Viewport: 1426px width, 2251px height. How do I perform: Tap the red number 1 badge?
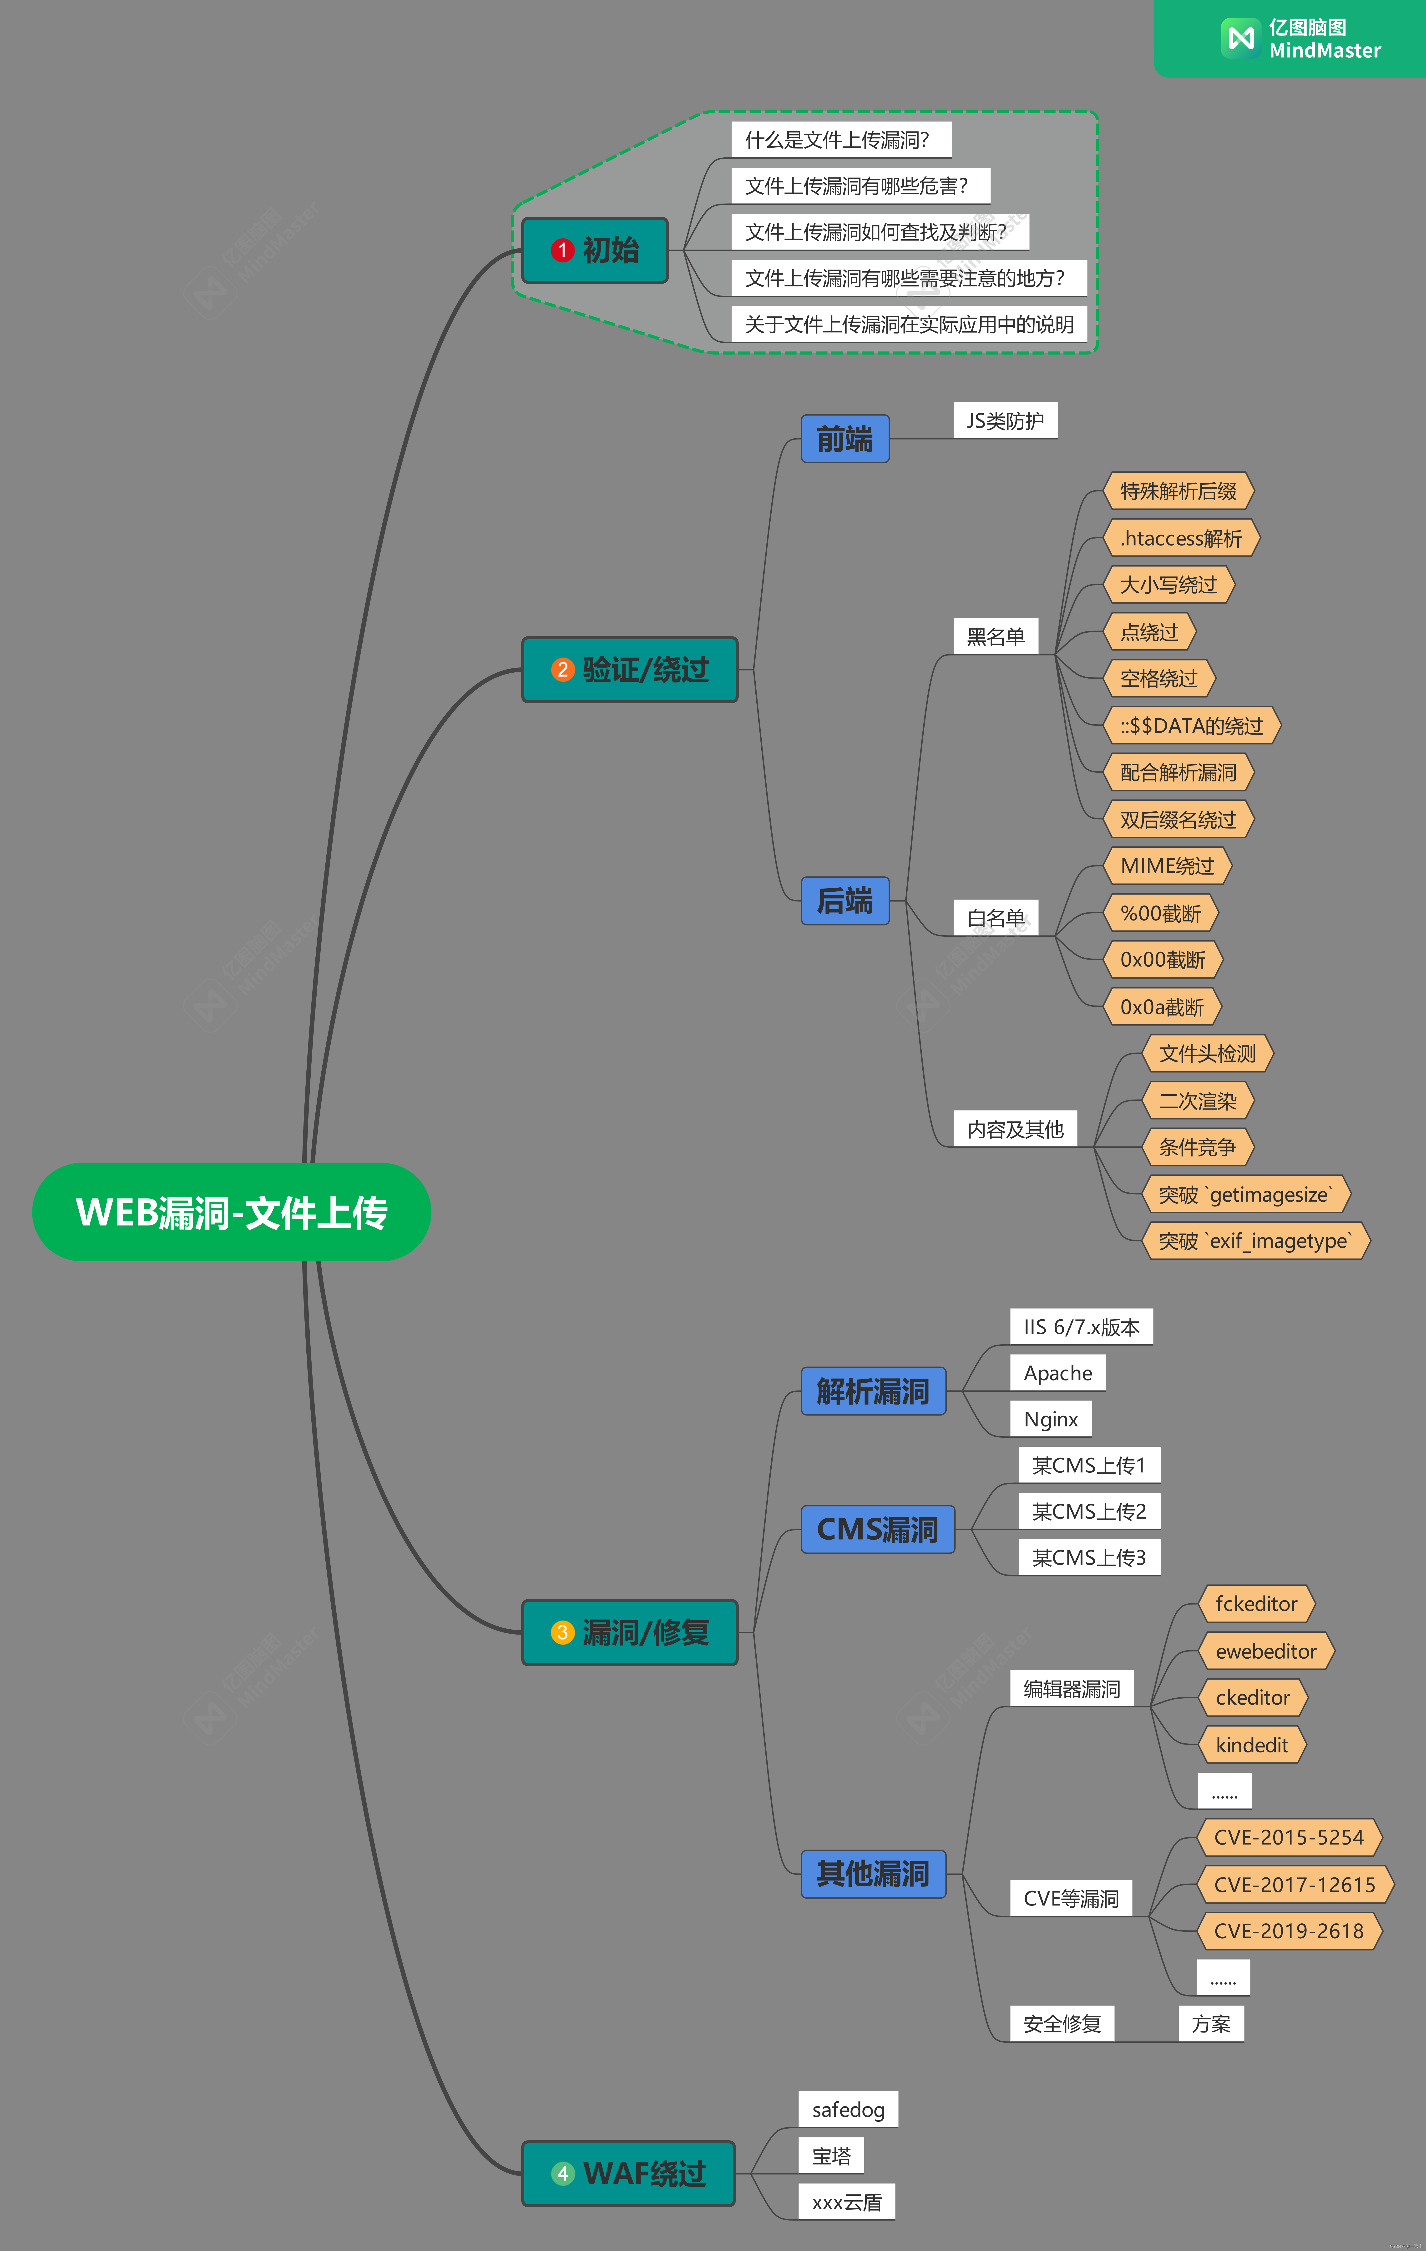(562, 250)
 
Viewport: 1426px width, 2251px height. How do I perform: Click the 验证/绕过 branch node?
(629, 669)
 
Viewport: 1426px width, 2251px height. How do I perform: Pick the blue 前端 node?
(844, 438)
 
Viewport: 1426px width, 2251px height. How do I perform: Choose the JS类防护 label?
(1005, 421)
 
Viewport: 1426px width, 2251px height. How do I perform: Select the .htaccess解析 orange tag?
(1181, 538)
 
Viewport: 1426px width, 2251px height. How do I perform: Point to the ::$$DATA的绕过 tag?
(1191, 725)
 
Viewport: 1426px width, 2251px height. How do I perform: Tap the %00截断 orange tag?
(1160, 913)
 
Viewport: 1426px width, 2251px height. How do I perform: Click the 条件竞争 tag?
(1197, 1147)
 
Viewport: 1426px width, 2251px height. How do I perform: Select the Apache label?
(1057, 1373)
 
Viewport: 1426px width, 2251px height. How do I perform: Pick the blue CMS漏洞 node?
(877, 1529)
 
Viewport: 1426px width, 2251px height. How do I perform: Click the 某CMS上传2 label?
(1088, 1511)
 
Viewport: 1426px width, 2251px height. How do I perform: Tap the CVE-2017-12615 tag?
(1294, 1885)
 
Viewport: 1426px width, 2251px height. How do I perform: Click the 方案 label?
(1211, 2024)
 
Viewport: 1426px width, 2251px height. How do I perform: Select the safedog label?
(848, 2110)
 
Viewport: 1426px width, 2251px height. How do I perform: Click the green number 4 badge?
(562, 2173)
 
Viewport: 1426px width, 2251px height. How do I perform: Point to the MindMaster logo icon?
(1241, 38)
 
